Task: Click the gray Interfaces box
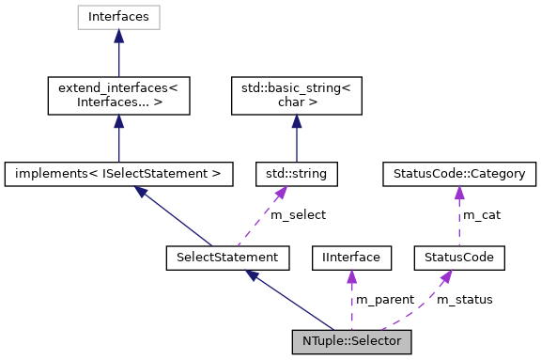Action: (118, 16)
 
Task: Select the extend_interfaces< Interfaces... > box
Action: (118, 95)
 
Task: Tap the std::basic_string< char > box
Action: (297, 95)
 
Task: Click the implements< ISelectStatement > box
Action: (118, 174)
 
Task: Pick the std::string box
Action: (297, 174)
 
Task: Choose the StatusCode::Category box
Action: (459, 174)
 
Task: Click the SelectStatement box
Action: (222, 256)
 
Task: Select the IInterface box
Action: (350, 256)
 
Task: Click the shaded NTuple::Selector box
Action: (351, 340)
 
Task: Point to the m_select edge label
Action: (298, 214)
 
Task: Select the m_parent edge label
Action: (384, 299)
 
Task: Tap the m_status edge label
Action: (464, 299)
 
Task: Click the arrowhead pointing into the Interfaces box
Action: (118, 35)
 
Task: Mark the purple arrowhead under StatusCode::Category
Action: (459, 193)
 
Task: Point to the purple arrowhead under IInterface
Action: (350, 274)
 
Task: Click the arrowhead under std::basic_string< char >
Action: (297, 121)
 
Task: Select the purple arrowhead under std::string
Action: (280, 192)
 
